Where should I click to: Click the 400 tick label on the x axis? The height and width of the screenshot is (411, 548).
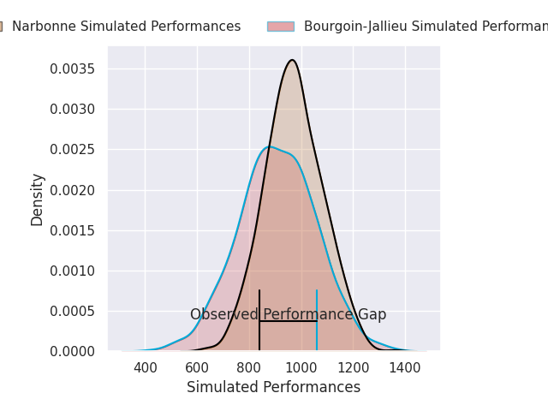[x=146, y=368]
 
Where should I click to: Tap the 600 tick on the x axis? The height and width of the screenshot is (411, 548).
[x=197, y=368]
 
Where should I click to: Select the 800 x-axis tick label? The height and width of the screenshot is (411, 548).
[x=249, y=368]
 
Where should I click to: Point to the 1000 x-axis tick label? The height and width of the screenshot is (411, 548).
[x=301, y=368]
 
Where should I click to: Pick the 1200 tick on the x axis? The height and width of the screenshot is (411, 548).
[x=353, y=368]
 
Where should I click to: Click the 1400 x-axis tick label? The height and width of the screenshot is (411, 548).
[x=405, y=368]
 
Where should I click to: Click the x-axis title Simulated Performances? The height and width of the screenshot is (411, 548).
[x=273, y=388]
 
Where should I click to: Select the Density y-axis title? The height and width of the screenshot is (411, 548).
[x=38, y=200]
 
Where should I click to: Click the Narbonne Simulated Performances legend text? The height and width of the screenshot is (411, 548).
[x=126, y=27]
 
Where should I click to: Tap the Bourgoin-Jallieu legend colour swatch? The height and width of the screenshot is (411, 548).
[x=280, y=27]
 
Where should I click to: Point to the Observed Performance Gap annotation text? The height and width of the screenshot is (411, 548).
[x=288, y=315]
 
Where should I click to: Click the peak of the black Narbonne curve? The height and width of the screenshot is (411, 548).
[x=292, y=60]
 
